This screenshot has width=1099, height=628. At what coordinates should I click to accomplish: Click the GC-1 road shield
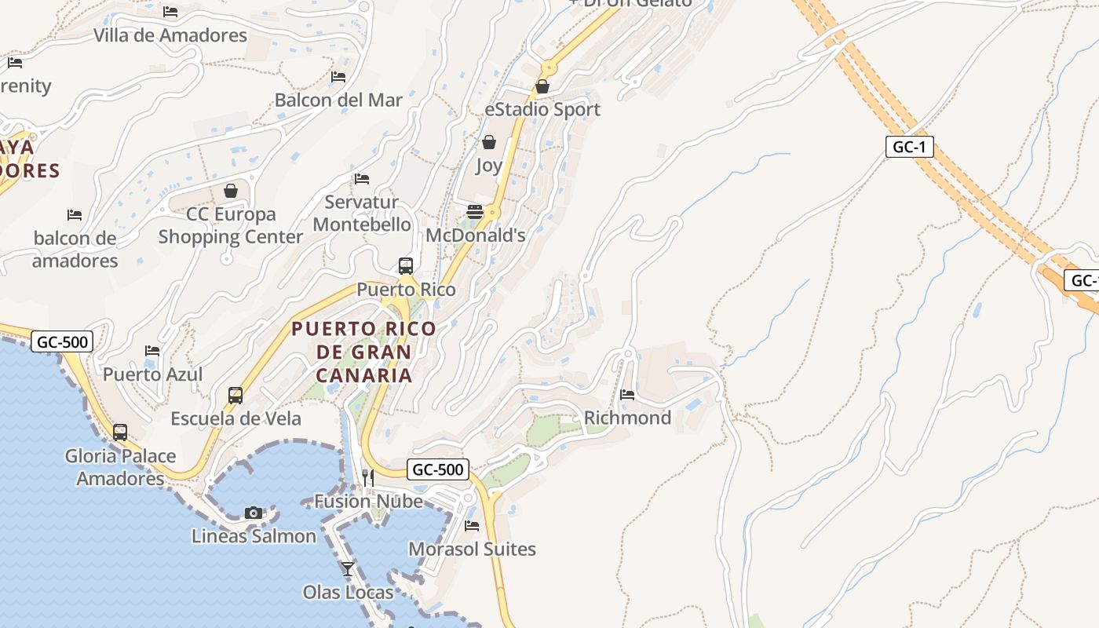coord(909,147)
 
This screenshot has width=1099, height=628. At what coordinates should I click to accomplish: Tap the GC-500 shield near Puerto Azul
coord(62,341)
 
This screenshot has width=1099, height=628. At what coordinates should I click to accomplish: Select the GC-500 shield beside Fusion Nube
coord(438,469)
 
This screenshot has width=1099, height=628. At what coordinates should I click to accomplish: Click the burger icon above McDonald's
coord(475,211)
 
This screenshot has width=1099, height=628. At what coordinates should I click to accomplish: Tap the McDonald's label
coord(475,235)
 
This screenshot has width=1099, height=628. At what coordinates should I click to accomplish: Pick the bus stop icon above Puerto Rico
coord(406,266)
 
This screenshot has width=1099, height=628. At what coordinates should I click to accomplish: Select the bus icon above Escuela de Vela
coord(235,395)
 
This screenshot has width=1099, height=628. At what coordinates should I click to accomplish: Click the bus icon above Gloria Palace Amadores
coord(120,432)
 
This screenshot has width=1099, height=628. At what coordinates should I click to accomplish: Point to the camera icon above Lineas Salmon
coord(253,513)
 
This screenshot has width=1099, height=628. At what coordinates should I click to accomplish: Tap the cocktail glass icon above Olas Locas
coord(348,568)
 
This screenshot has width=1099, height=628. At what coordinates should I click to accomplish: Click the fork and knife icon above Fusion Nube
coord(367,477)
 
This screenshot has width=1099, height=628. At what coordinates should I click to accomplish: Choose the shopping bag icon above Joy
coord(489,142)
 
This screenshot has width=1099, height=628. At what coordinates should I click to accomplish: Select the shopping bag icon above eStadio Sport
coord(542,86)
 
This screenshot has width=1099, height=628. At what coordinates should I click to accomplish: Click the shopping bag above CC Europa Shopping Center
coord(231,190)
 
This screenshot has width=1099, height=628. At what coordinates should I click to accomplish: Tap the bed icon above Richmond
coord(627,394)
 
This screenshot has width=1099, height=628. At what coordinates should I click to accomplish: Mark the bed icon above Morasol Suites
coord(472,525)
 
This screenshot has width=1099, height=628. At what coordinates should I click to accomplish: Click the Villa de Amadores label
coord(170,35)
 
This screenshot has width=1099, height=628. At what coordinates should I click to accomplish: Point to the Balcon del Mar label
coord(338,100)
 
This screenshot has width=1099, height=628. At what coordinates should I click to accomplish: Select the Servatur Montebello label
coord(362,214)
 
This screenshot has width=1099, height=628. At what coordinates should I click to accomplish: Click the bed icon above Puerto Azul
coord(152,350)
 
